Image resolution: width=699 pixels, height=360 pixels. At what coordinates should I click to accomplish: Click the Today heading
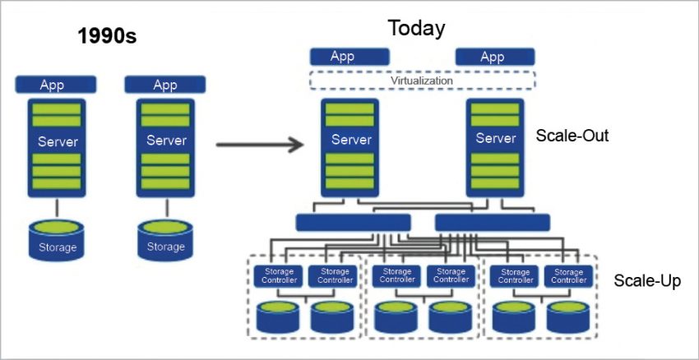pos(416,28)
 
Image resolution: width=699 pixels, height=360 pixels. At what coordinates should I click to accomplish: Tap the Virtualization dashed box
pos(422,81)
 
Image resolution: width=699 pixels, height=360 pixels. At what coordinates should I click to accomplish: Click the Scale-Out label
pos(572,136)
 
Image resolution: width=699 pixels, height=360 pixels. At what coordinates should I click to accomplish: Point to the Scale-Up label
pos(647,282)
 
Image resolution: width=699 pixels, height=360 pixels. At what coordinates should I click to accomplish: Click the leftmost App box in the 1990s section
pos(56,85)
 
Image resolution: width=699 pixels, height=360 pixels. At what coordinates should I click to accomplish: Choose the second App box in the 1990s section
pos(165,85)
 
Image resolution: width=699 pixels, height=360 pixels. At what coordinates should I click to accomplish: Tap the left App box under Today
pos(342,57)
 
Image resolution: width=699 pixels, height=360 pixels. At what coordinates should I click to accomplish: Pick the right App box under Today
pos(492,57)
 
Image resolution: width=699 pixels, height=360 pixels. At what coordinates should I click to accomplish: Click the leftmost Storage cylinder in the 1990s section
pos(56,238)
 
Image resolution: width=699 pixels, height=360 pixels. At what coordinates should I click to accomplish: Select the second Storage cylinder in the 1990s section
pos(165,238)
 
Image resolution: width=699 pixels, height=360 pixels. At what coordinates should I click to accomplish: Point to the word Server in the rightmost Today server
pos(496,139)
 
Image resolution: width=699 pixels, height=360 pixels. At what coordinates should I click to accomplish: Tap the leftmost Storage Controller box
pos(278,275)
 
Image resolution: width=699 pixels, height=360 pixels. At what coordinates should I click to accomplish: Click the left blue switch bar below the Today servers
pos(353,222)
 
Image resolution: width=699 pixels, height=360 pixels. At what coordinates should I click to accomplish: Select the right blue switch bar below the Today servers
pos(492,222)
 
